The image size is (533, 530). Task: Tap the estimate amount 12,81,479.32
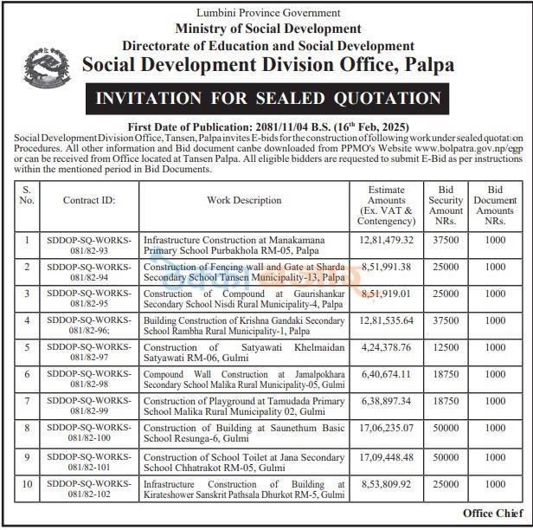[385, 240]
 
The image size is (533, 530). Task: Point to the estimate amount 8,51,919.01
[385, 294]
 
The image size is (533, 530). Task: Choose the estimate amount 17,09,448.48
[385, 457]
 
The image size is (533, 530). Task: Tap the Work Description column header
[244, 200]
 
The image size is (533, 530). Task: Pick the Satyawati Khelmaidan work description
[244, 353]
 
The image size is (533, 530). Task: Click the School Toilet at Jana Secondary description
[244, 463]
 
